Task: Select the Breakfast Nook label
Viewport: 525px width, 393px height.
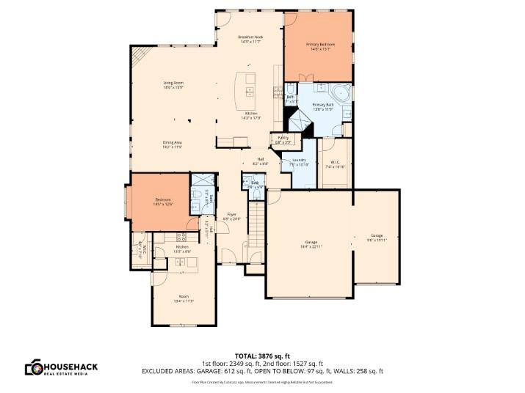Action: [250, 39]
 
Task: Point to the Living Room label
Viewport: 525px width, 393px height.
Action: [173, 84]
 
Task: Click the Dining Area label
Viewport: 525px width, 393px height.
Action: [172, 144]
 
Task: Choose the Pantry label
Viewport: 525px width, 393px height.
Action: [283, 139]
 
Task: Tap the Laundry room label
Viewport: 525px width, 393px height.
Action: [298, 161]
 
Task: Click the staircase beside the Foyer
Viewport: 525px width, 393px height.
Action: [256, 227]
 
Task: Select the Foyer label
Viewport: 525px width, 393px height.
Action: [231, 216]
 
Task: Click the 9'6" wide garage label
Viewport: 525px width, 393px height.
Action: [376, 238]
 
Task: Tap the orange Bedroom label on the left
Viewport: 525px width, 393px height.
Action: [162, 202]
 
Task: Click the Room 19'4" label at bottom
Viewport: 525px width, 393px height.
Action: [183, 299]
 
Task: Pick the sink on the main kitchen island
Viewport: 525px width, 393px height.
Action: [250, 92]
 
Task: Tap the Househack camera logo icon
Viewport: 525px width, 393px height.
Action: [33, 368]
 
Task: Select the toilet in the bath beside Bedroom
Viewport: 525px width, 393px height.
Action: [200, 194]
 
